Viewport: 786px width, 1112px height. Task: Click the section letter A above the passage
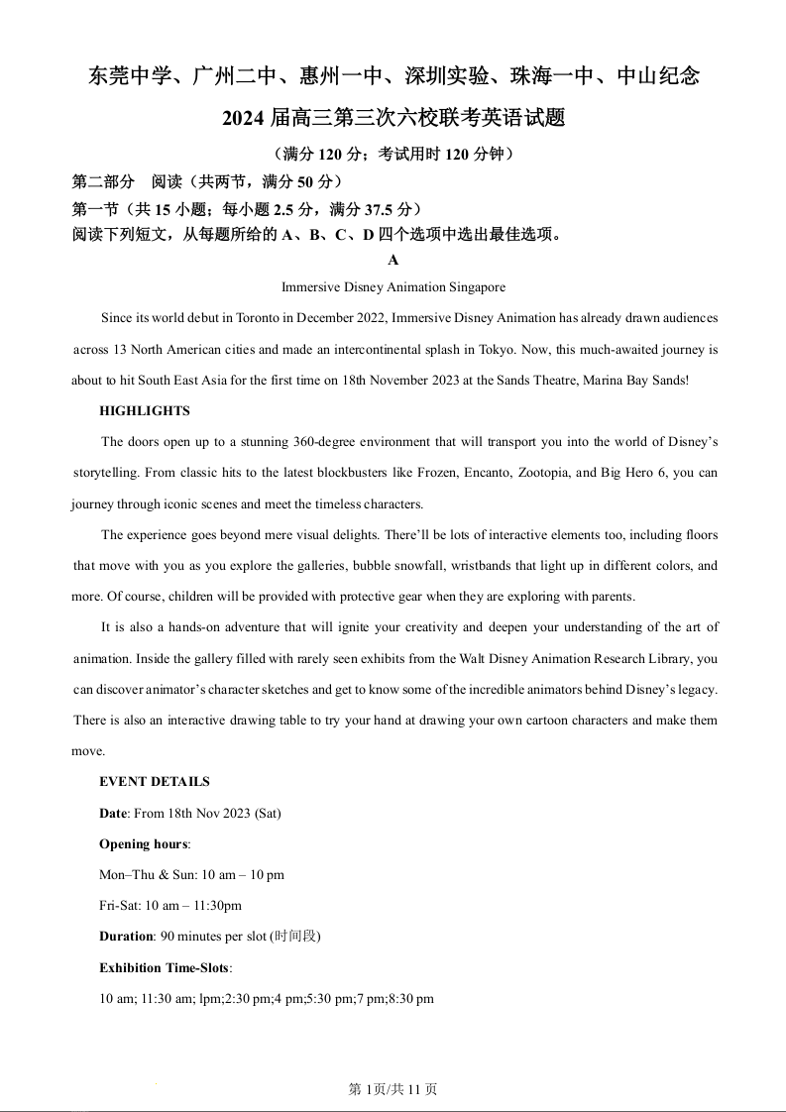[x=393, y=260]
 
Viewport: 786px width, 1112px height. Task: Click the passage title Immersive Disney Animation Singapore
[x=393, y=287]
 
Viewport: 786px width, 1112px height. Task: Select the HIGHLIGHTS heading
[x=145, y=411]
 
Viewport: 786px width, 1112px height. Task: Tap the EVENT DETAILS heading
[x=155, y=782]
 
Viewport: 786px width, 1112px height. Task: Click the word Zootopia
[x=543, y=473]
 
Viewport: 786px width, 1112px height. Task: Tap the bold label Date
[x=113, y=814]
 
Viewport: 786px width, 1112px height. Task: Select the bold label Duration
[x=126, y=937]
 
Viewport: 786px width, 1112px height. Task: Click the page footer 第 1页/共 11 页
[x=393, y=1089]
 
